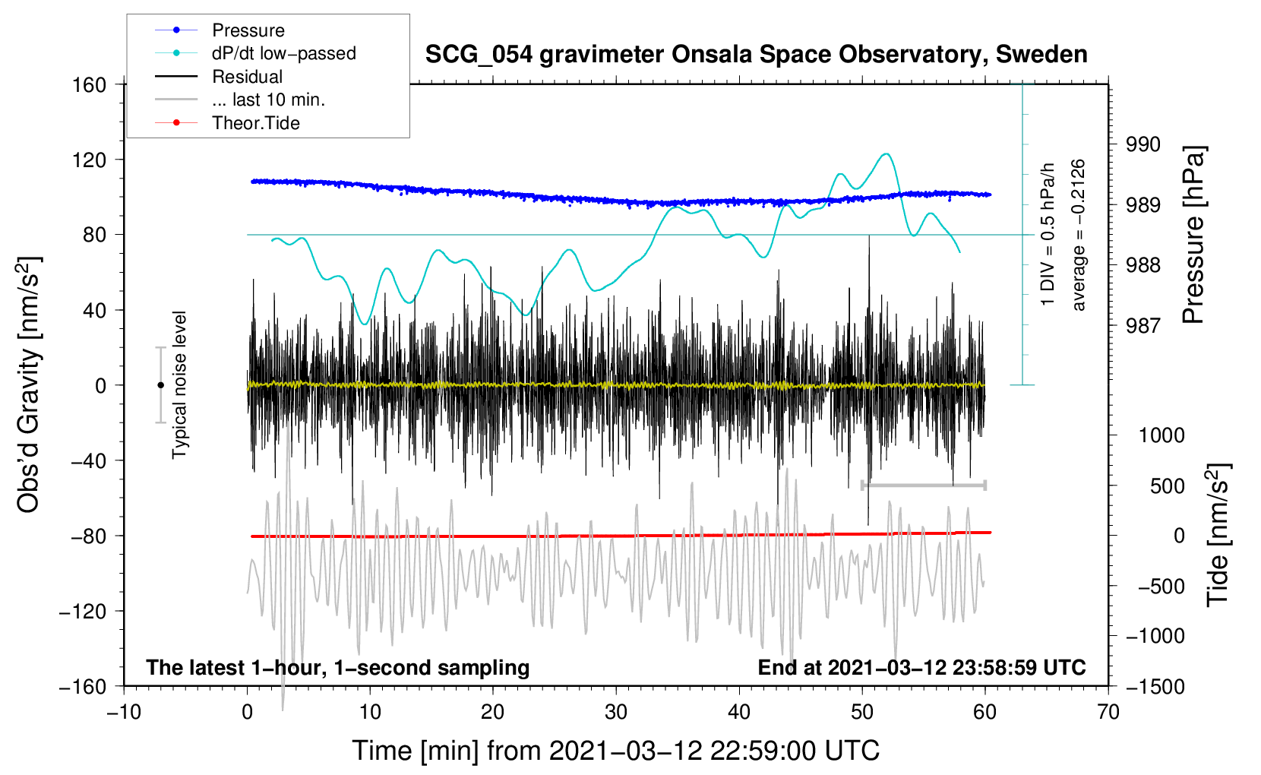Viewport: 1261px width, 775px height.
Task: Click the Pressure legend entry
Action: (x=220, y=30)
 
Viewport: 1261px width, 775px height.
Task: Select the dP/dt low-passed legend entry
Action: (x=255, y=53)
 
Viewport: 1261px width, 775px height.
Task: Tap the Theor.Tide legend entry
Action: (x=227, y=123)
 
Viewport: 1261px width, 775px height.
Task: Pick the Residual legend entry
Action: (x=219, y=77)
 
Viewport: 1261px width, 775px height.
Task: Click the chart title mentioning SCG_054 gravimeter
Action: (x=756, y=55)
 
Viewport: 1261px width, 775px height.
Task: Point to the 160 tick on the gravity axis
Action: (x=90, y=85)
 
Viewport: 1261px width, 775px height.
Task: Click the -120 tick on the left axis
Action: (x=83, y=611)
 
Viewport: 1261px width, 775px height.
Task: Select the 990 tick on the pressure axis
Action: (x=1142, y=145)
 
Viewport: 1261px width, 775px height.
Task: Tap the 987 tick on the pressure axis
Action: (x=1142, y=325)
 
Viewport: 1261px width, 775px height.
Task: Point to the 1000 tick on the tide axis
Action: (x=1161, y=435)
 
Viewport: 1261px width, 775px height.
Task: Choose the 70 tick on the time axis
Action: (x=1108, y=713)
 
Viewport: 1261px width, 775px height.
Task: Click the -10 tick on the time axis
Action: (x=124, y=713)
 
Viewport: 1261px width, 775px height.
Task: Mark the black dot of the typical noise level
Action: (x=160, y=385)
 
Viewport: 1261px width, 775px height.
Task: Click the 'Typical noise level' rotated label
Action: (x=179, y=385)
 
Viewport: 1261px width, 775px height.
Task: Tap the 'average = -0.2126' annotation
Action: (x=1077, y=235)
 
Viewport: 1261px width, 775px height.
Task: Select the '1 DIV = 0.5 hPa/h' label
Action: (x=1047, y=235)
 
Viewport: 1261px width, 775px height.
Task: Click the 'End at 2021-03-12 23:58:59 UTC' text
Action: (x=921, y=667)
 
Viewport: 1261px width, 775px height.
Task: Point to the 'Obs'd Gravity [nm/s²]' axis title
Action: (x=28, y=385)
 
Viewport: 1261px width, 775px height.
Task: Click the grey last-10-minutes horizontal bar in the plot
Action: (x=923, y=485)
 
